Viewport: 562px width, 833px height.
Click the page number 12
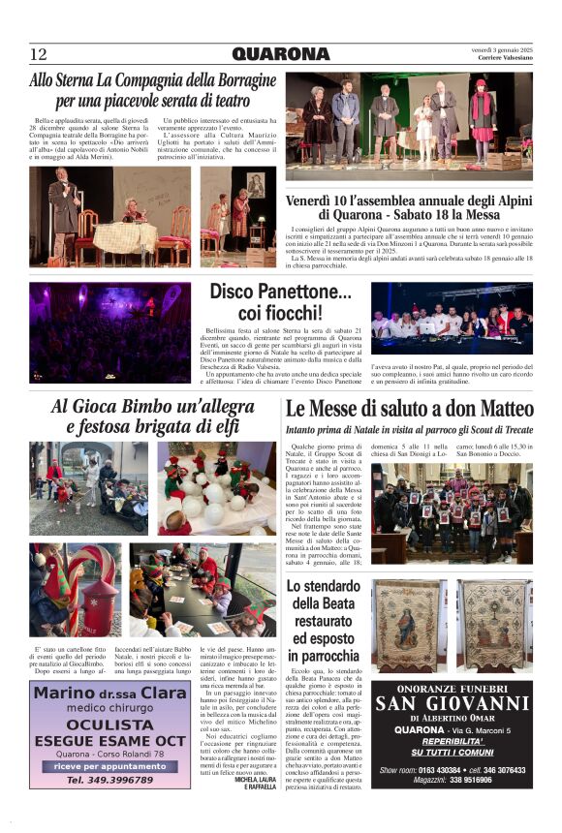point(39,54)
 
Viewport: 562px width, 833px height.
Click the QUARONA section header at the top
point(280,54)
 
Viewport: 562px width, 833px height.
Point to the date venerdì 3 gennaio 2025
point(503,49)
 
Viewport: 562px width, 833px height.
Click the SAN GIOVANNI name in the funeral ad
point(452,703)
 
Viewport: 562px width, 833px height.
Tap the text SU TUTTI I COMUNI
point(451,752)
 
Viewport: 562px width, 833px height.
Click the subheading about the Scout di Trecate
point(409,429)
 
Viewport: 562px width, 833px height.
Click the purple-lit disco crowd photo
point(109,332)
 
